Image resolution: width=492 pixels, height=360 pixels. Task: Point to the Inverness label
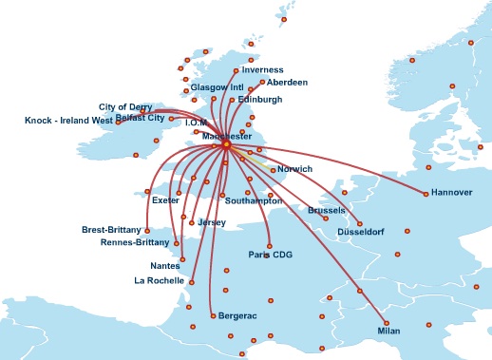262,70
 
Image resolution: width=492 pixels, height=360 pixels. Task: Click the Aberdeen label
287,83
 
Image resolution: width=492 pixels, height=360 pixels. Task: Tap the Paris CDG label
272,255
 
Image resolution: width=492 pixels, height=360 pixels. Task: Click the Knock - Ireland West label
68,121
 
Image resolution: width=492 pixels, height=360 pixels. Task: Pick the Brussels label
327,210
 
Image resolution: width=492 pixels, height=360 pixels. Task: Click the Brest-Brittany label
111,230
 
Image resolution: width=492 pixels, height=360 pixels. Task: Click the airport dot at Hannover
426,197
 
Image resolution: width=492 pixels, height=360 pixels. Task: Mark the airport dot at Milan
386,321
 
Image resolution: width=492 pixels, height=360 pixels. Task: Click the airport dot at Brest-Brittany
146,230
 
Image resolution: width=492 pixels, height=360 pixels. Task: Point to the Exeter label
165,200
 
